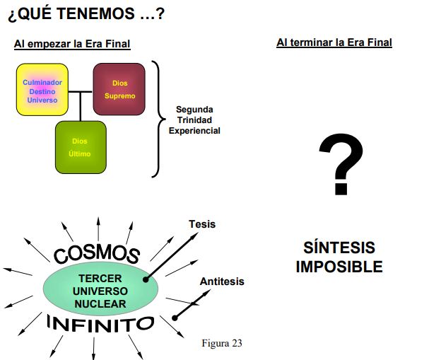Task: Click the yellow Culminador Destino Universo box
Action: coord(42,90)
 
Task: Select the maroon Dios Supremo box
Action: coord(119,89)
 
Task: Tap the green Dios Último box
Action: coord(81,147)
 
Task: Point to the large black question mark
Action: coord(341,164)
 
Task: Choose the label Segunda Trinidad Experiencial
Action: coord(194,120)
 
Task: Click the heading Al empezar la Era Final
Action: coord(72,44)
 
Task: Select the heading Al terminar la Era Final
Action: coord(334,42)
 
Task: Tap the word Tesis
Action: coord(202,224)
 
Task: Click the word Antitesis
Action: coord(222,281)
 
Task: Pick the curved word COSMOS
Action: coord(97,253)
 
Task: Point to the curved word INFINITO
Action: coord(100,324)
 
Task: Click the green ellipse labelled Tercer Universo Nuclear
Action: coord(100,289)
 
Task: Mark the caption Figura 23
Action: coord(222,343)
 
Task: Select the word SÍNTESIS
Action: coord(339,248)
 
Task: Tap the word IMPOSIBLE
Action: coord(339,267)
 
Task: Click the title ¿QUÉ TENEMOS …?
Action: coord(86,13)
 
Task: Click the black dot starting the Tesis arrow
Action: coord(146,279)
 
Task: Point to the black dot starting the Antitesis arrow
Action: coord(175,318)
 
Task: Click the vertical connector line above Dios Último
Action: coord(80,107)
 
